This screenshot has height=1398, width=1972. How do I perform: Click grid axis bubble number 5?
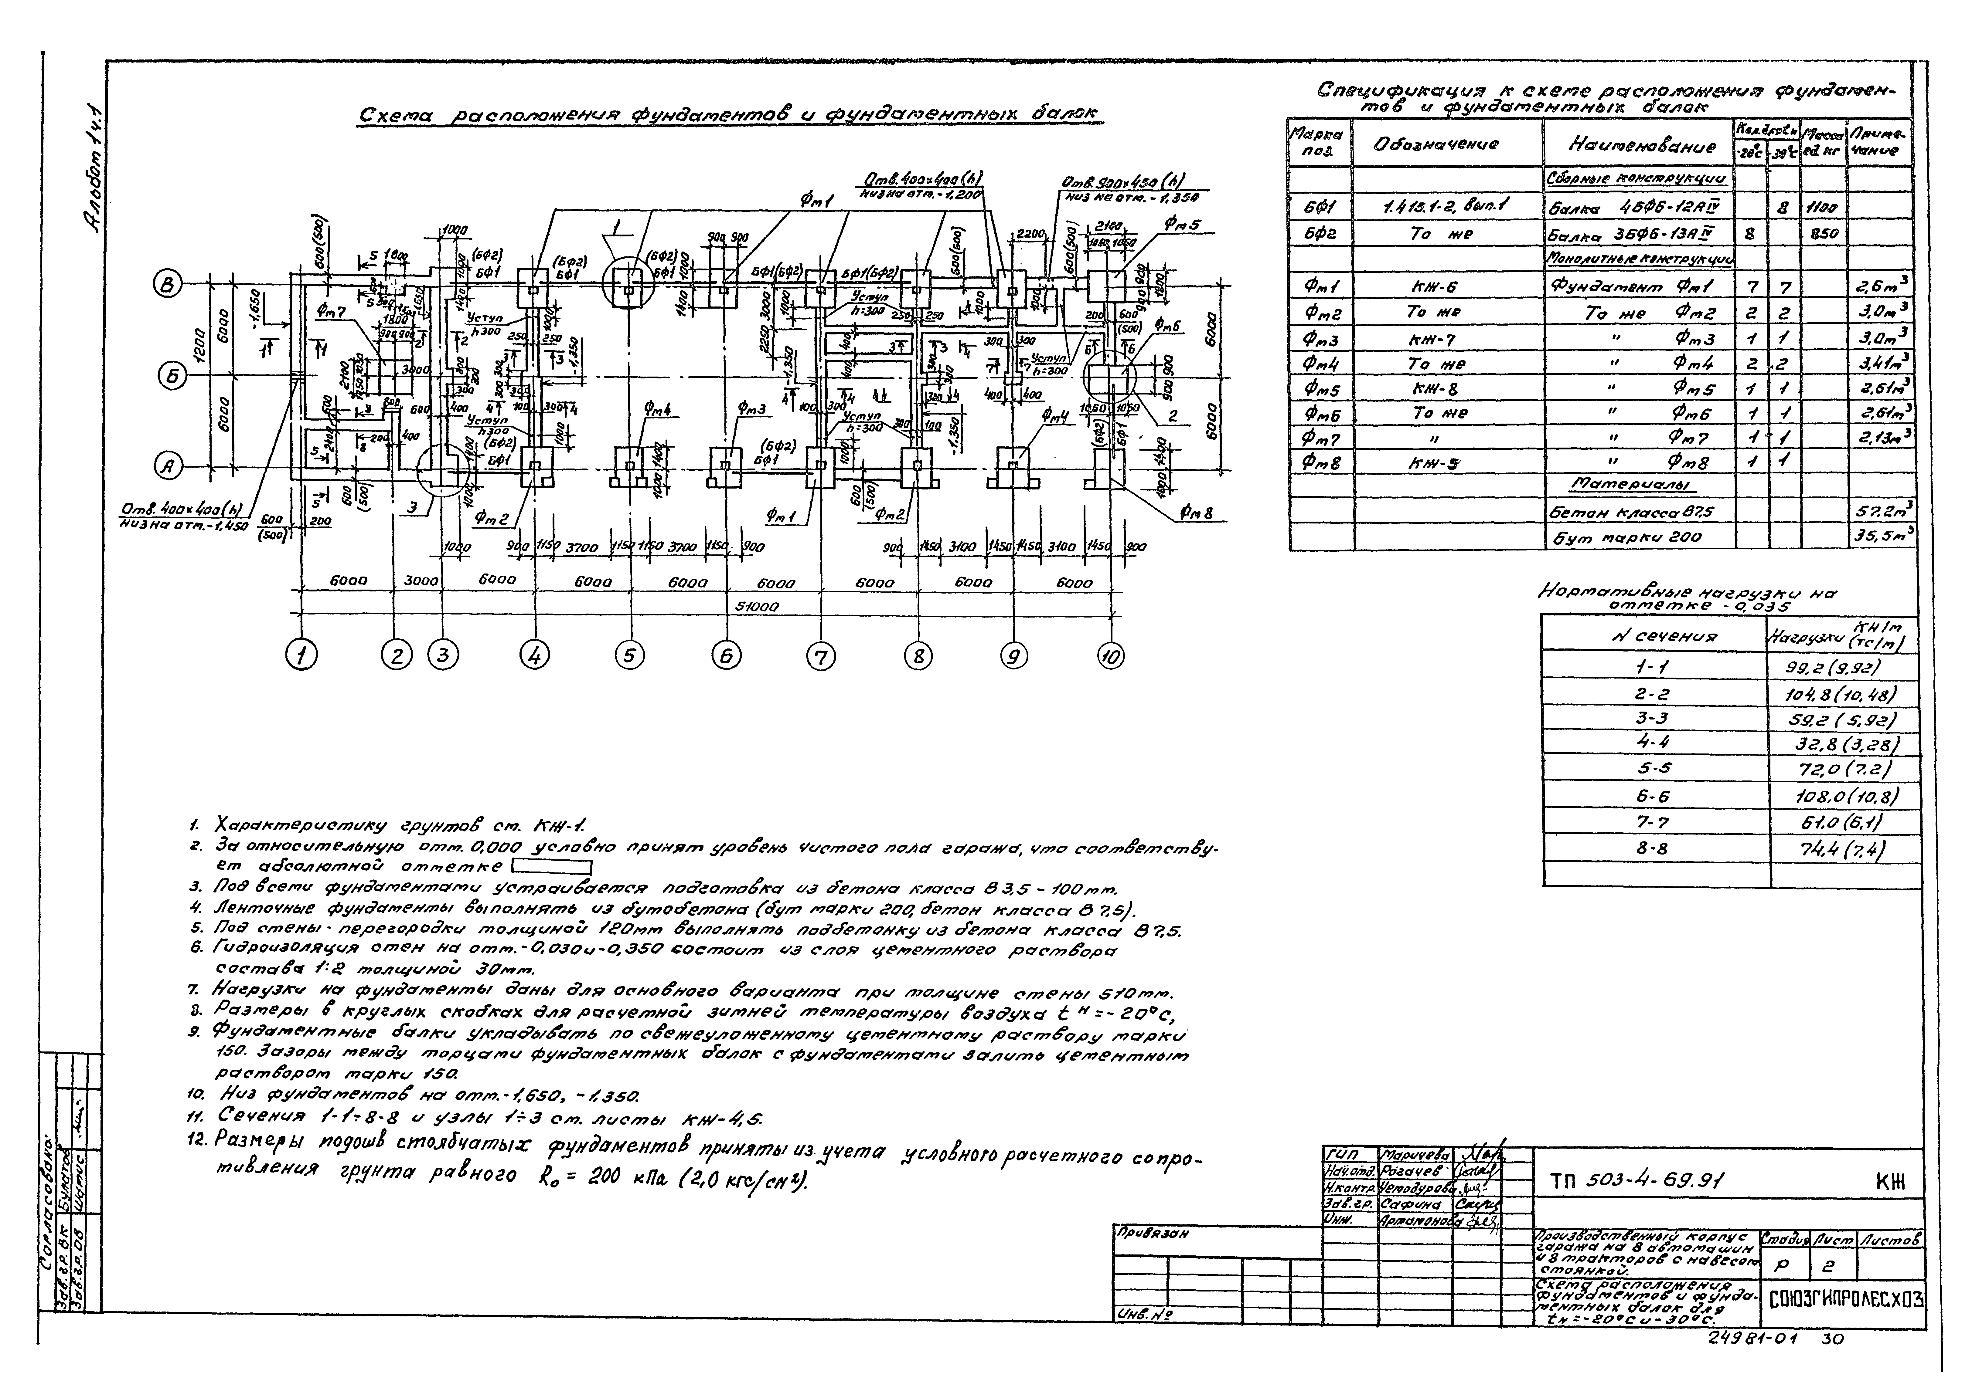629,656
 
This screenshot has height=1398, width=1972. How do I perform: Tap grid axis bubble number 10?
1111,656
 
